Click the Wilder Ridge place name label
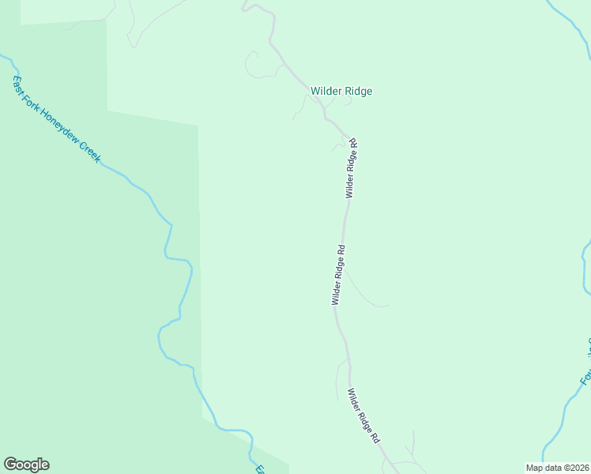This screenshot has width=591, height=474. [x=341, y=91]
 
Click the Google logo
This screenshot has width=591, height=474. [x=26, y=465]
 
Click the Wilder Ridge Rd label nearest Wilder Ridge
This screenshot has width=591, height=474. [x=352, y=168]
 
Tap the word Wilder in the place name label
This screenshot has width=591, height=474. [x=326, y=91]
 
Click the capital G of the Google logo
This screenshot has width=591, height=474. [x=9, y=465]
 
